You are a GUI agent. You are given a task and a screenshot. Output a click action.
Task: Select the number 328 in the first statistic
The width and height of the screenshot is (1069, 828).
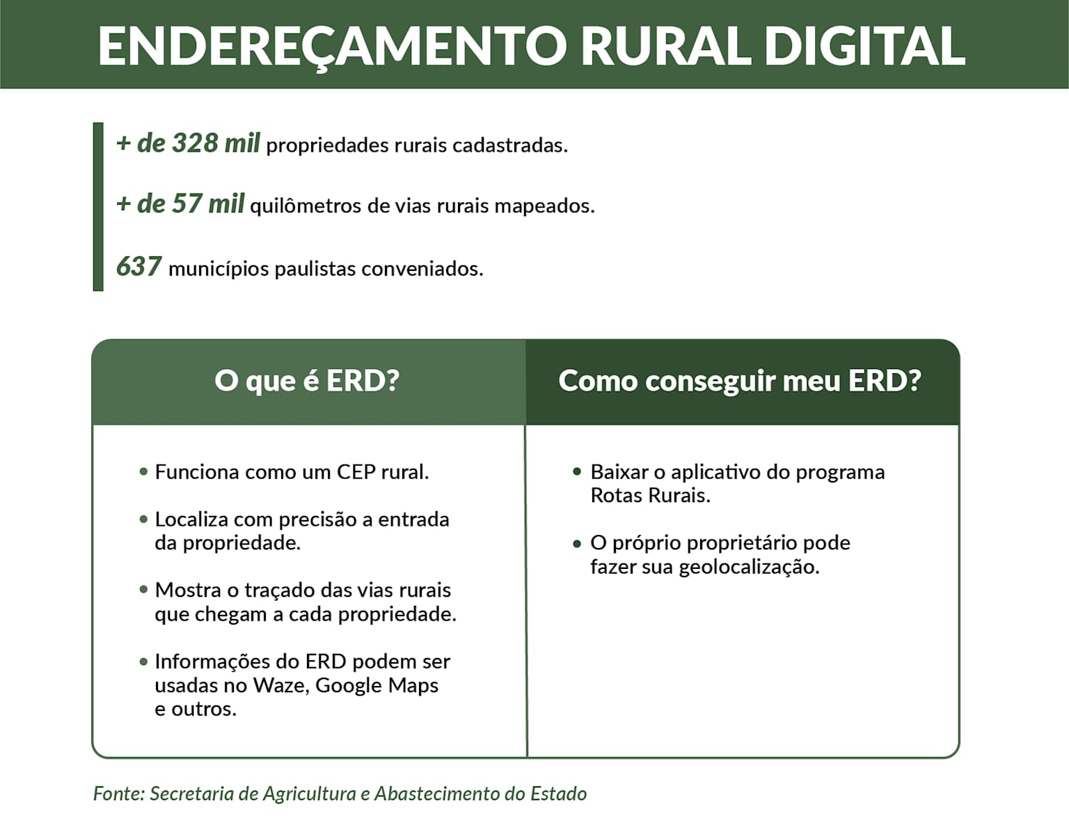pyautogui.click(x=195, y=143)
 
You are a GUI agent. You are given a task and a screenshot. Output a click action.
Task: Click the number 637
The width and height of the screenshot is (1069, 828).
pyautogui.click(x=138, y=267)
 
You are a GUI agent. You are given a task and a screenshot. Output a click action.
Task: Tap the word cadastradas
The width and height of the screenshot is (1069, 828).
pyautogui.click(x=509, y=146)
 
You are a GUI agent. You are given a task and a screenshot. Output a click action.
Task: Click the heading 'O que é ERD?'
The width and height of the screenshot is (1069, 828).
pyautogui.click(x=307, y=381)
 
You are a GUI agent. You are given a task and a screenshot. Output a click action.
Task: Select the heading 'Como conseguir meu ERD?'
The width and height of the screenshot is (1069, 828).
pyautogui.click(x=740, y=381)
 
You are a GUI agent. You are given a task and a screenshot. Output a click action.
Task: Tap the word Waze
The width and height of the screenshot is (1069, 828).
pyautogui.click(x=278, y=685)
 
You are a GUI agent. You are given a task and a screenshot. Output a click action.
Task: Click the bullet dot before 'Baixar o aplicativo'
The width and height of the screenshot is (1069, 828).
pyautogui.click(x=577, y=471)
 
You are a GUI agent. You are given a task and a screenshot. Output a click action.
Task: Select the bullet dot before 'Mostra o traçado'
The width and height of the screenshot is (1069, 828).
pyautogui.click(x=144, y=590)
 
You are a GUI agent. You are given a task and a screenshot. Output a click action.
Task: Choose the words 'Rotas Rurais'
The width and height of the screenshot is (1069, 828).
pyautogui.click(x=650, y=496)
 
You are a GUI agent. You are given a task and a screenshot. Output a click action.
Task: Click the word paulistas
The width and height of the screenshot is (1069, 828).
pyautogui.click(x=315, y=269)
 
